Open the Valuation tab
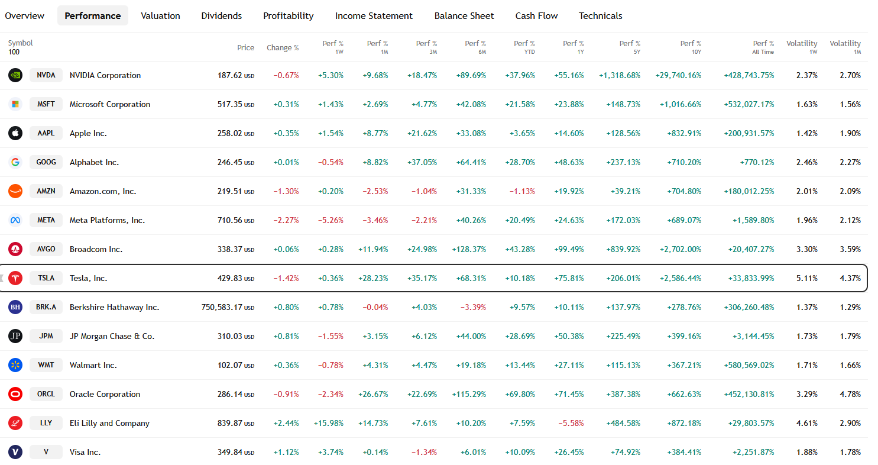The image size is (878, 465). [x=160, y=16]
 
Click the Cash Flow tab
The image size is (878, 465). [x=536, y=16]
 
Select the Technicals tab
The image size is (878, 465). [x=600, y=16]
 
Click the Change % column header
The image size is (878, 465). [x=283, y=48]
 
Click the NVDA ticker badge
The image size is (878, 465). [x=46, y=75]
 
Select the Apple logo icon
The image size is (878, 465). [x=15, y=133]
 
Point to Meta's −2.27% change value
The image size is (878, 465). [x=286, y=220]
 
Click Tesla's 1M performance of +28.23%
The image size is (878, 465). [x=373, y=278]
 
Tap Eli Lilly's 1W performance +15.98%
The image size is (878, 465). [x=331, y=423]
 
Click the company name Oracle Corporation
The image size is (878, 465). [x=105, y=394]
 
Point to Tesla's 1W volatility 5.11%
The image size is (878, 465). [x=806, y=278]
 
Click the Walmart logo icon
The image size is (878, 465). [x=15, y=365]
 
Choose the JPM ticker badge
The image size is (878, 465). [x=46, y=336]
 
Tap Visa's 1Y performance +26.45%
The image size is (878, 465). [x=569, y=452]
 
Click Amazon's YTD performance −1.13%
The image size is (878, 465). [x=522, y=191]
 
